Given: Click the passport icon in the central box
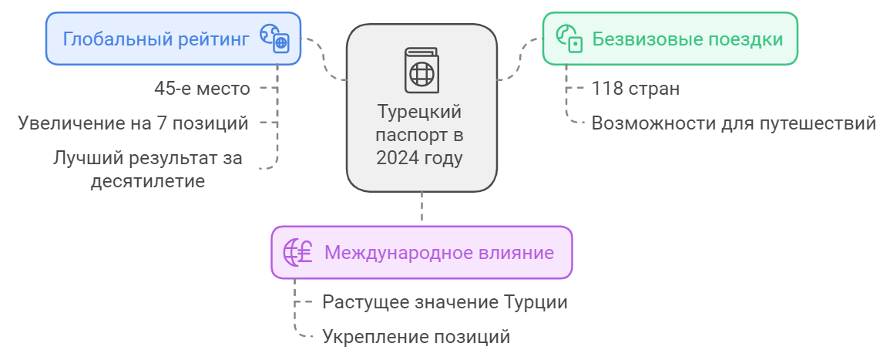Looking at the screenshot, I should (421, 71).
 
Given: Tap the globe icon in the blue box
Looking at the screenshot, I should (274, 38).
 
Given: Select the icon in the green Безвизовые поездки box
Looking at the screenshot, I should (569, 38).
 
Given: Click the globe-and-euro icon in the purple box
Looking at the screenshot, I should (297, 252).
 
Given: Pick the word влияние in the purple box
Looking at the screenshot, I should (516, 253).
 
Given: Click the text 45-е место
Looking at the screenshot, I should (203, 89).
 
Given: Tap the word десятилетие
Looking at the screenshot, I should (147, 181).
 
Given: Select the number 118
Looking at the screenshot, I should (607, 89).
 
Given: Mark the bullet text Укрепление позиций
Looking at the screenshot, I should (416, 337).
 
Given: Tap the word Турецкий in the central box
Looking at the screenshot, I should (420, 113).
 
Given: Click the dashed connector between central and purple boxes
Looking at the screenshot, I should (421, 208).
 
